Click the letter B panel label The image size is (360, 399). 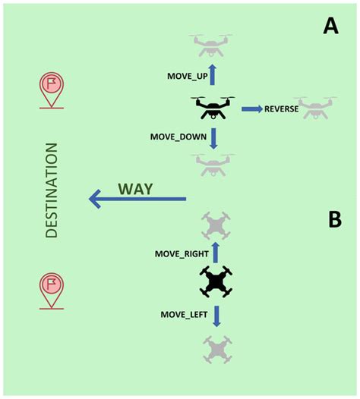click(x=334, y=220)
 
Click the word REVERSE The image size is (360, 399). click(x=281, y=110)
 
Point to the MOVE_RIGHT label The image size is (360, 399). click(x=181, y=253)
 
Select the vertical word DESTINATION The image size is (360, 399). click(x=52, y=191)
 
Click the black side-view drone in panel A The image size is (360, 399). click(x=213, y=108)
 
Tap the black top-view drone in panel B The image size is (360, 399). click(x=216, y=282)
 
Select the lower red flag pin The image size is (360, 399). click(x=52, y=291)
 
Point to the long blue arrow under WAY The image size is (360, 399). click(x=137, y=199)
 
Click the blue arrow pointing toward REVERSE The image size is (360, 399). click(x=251, y=110)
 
